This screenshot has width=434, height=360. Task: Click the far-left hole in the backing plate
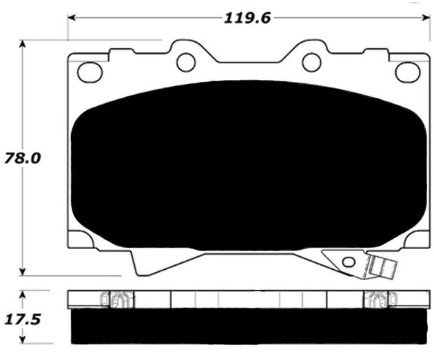click(89, 71)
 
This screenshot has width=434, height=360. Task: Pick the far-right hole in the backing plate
click(406, 71)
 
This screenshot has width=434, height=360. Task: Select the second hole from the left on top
click(186, 62)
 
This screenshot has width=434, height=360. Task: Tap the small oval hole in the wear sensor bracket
click(349, 262)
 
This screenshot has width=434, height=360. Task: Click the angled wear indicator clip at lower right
click(378, 265)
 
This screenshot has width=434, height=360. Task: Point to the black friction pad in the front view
click(241, 165)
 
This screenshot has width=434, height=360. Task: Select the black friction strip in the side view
click(241, 324)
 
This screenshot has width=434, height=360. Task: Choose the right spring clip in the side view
click(378, 299)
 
